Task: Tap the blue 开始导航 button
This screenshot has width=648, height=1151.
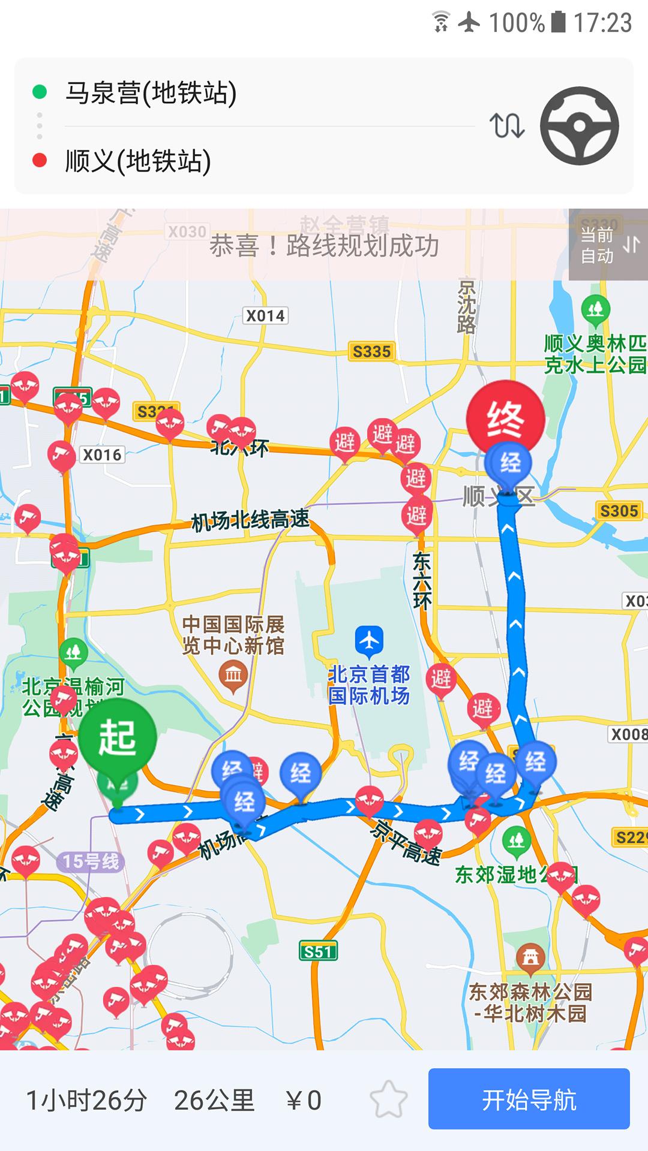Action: tap(529, 1099)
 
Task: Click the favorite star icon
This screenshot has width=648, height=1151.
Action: tap(388, 1099)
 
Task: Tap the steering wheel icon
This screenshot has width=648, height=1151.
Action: tap(579, 126)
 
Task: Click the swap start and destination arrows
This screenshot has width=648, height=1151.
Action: tap(507, 126)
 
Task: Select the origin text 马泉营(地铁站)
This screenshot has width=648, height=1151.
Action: tap(151, 93)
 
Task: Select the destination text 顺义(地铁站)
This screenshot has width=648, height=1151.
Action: tap(138, 161)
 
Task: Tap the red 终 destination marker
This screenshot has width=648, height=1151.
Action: tap(505, 418)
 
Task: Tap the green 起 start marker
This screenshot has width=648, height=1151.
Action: tap(118, 737)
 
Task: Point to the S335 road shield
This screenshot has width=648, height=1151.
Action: tap(371, 351)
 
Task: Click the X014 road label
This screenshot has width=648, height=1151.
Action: tap(265, 316)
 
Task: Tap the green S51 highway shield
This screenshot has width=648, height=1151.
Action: tap(318, 951)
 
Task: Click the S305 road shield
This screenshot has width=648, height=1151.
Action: tap(619, 511)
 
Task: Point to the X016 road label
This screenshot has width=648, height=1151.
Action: tap(102, 455)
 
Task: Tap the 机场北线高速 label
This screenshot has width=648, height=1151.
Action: tap(250, 520)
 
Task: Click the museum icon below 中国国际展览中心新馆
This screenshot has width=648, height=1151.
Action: tap(233, 676)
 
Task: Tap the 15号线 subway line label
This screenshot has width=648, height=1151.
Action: tap(91, 861)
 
